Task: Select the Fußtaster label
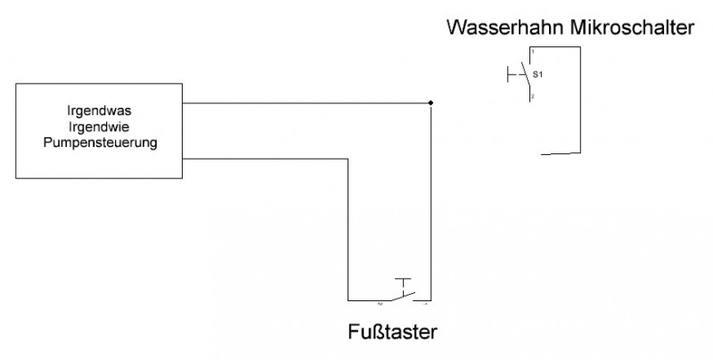point(394,333)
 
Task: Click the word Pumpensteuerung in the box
point(100,143)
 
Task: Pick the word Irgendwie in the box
point(100,127)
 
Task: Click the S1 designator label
point(537,74)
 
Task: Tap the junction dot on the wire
point(430,103)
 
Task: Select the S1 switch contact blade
point(527,75)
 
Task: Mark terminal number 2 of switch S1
point(532,95)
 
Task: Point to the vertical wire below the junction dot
point(430,205)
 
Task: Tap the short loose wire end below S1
point(560,153)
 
